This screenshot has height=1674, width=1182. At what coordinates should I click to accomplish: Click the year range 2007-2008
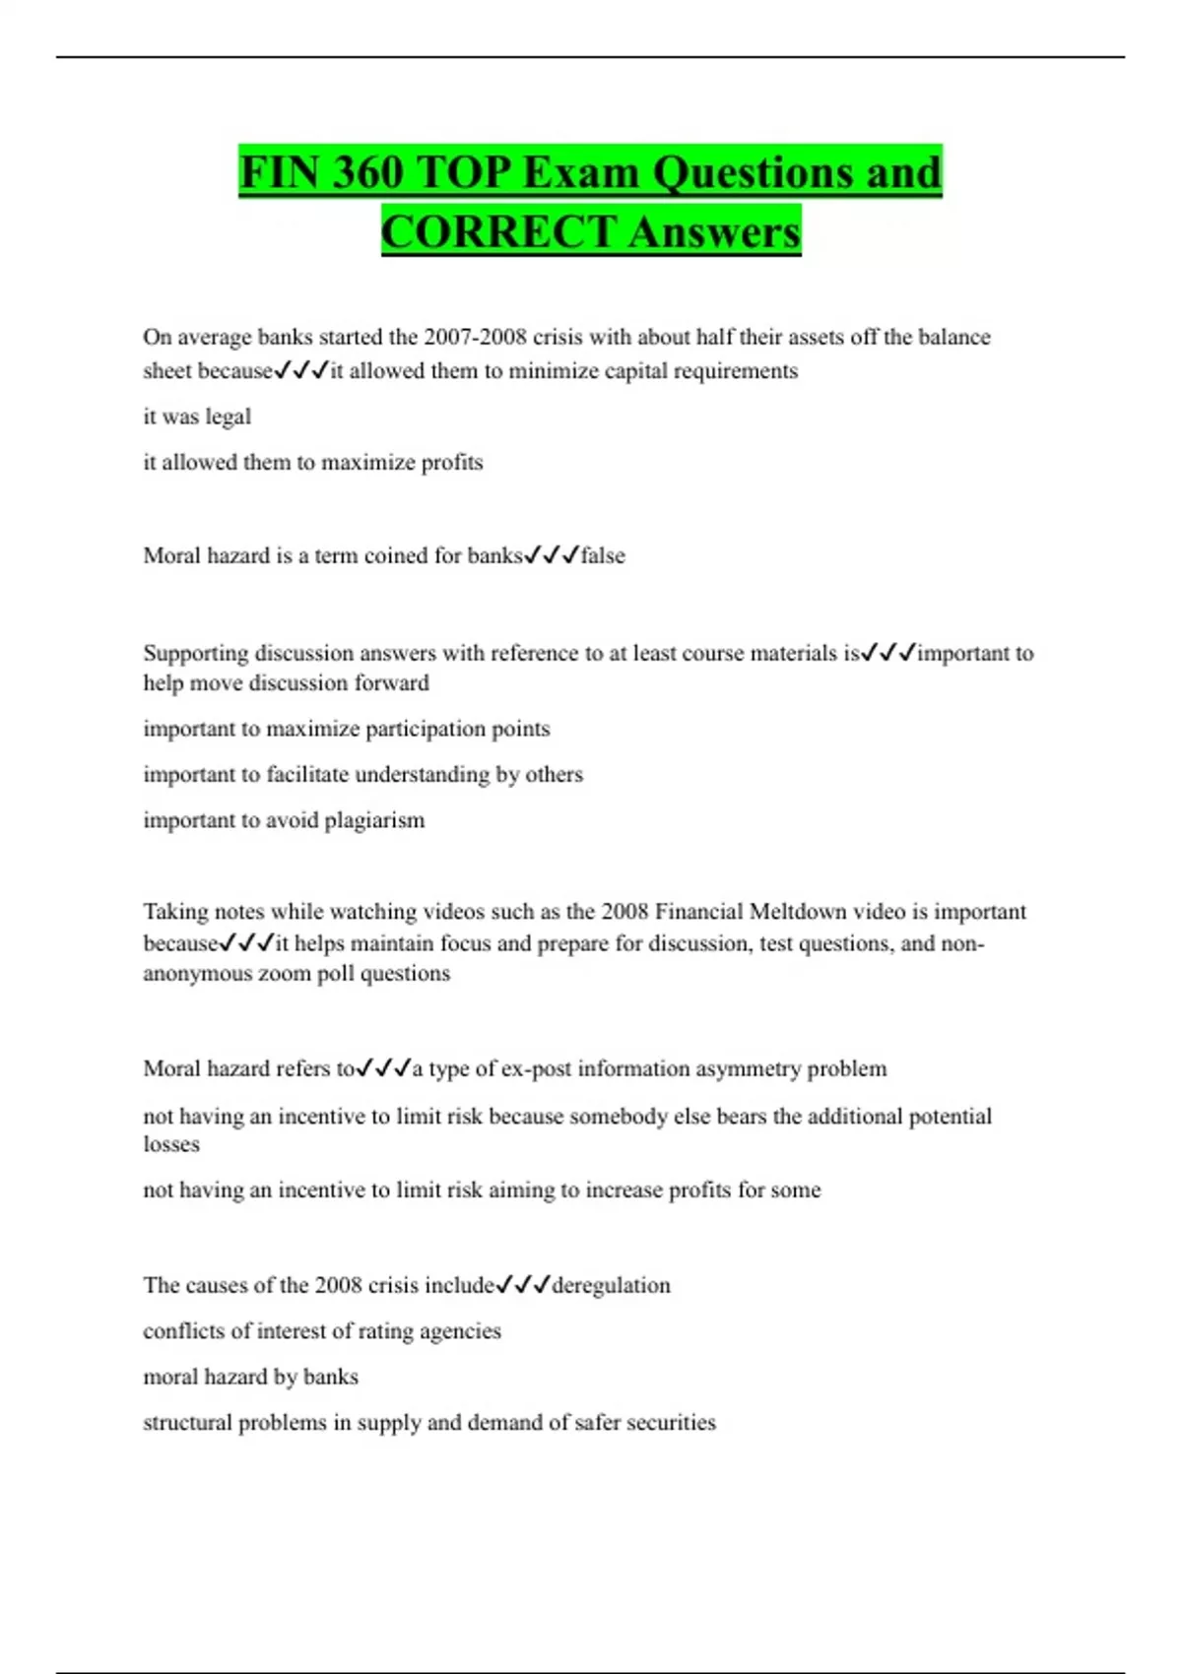point(475,337)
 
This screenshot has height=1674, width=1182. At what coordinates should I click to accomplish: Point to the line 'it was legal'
point(197,417)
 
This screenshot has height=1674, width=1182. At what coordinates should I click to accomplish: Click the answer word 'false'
point(603,555)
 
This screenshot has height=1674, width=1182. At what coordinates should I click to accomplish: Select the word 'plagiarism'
point(374,820)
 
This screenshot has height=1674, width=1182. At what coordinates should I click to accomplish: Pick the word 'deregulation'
point(611,1285)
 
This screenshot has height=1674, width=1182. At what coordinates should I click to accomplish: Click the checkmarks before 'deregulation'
point(523,1285)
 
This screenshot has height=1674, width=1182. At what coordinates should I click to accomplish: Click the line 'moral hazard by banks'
point(250,1377)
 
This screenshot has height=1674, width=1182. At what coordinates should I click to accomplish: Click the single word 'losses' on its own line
point(171,1144)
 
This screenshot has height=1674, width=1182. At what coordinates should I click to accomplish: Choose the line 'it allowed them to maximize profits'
point(313,463)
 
